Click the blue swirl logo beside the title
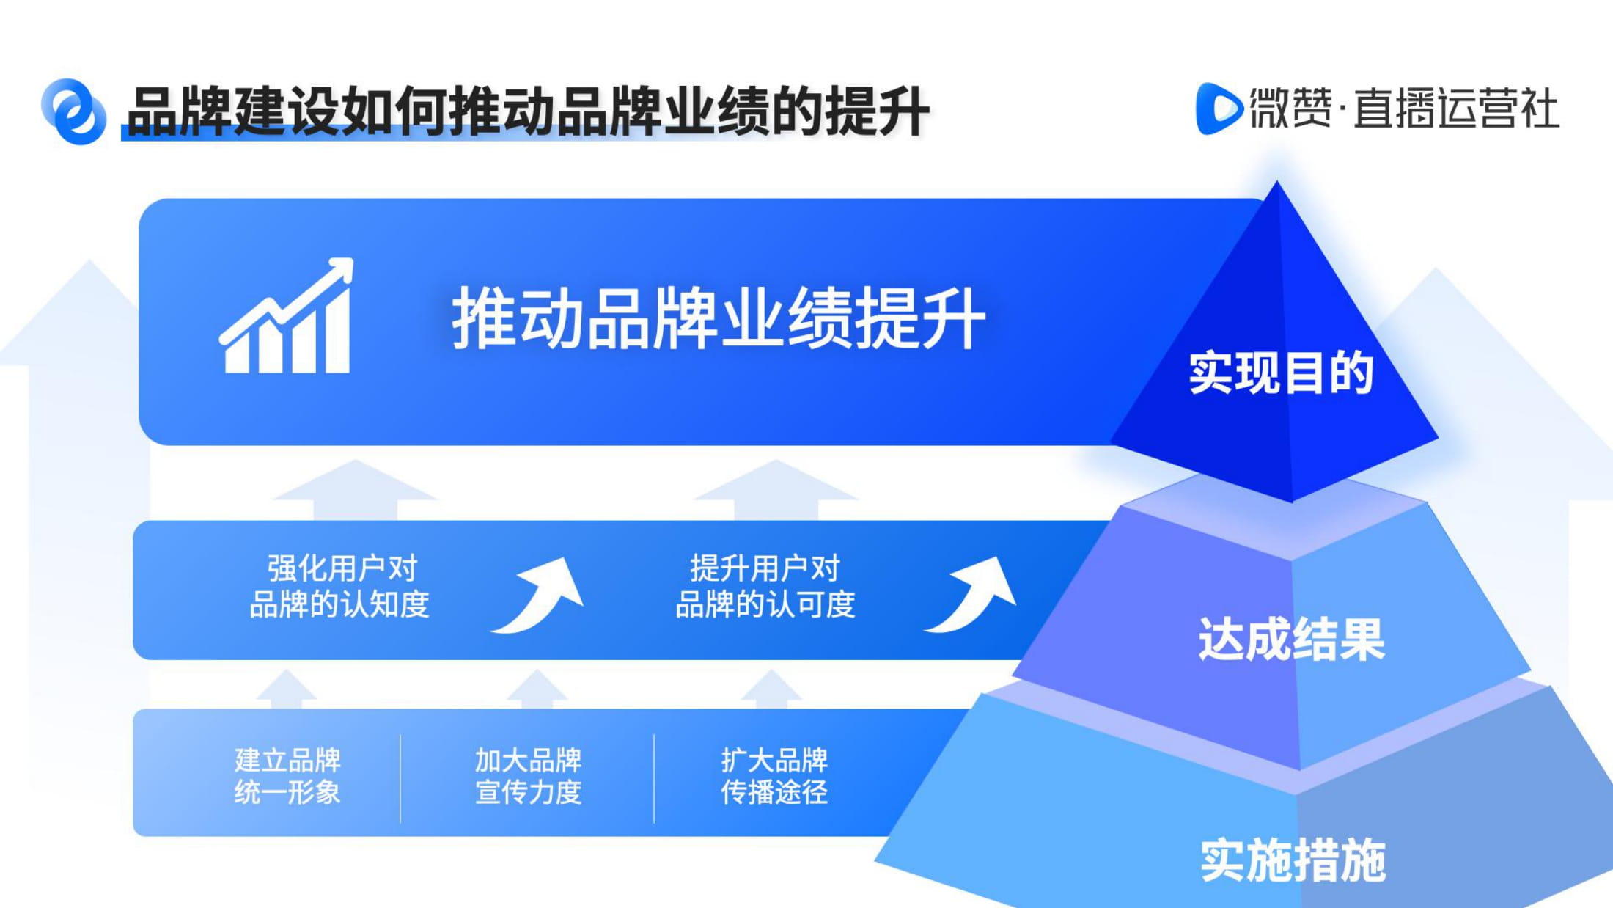click(73, 111)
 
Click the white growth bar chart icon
click(287, 315)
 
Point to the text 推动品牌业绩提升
click(719, 318)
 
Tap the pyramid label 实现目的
click(1281, 373)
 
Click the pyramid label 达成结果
click(1291, 639)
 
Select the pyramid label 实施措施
click(1293, 860)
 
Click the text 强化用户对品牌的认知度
click(340, 587)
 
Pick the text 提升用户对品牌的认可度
click(765, 587)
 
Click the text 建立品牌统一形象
click(287, 776)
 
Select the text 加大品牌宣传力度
click(528, 776)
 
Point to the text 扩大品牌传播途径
click(774, 776)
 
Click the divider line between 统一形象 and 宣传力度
click(400, 778)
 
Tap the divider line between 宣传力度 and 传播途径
click(654, 778)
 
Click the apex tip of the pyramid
click(1277, 182)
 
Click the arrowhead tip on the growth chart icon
click(352, 259)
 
